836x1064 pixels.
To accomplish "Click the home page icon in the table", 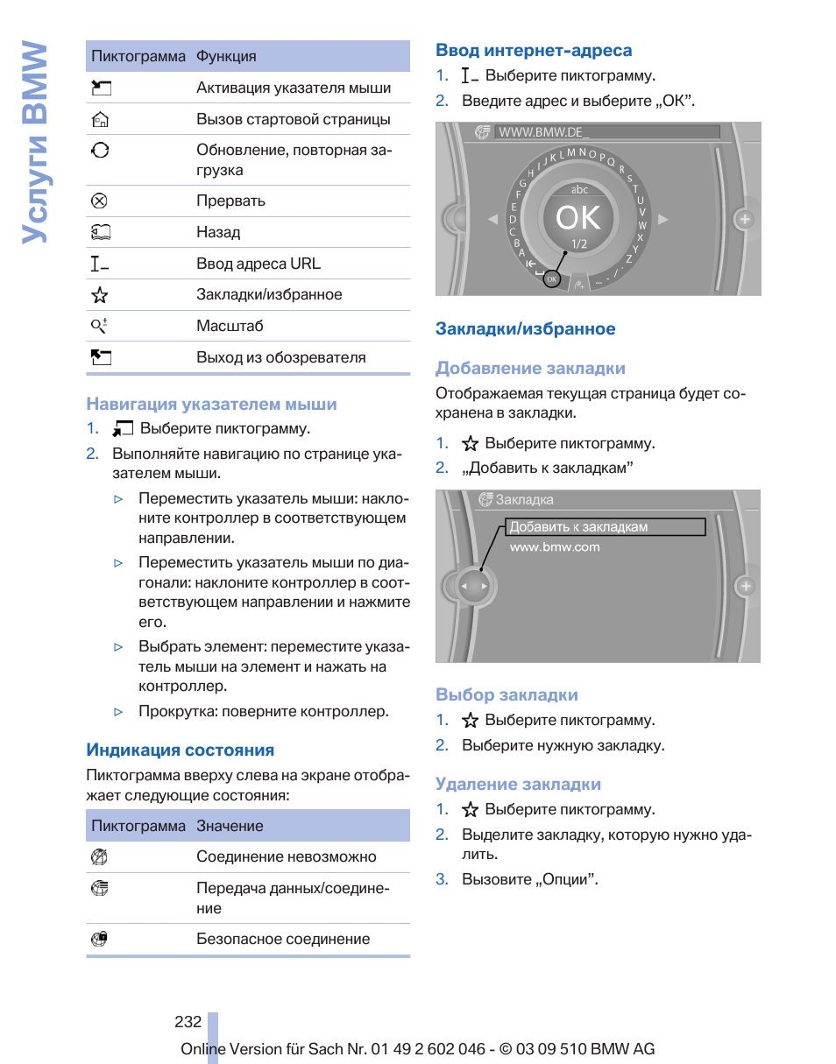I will (100, 120).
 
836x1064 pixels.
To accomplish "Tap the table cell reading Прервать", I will (230, 201).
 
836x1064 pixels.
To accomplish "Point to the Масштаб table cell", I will (230, 326).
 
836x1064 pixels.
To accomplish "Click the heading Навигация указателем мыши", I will (211, 405).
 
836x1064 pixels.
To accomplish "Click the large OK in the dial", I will (578, 217).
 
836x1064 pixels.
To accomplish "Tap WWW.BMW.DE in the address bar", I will (541, 132).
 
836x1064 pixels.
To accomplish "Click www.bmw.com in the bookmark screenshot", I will (555, 547).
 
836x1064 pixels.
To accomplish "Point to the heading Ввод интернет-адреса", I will (534, 51).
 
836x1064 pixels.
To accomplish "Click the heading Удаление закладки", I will (518, 785).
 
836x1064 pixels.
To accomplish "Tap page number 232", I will (188, 1022).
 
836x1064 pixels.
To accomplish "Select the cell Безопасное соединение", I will (283, 940).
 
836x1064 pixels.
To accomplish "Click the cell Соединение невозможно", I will (287, 857).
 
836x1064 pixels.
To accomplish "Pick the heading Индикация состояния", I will (180, 750).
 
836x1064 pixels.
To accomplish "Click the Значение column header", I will (230, 827).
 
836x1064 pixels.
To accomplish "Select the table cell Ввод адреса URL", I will (259, 264).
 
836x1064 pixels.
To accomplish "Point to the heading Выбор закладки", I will (507, 695).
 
